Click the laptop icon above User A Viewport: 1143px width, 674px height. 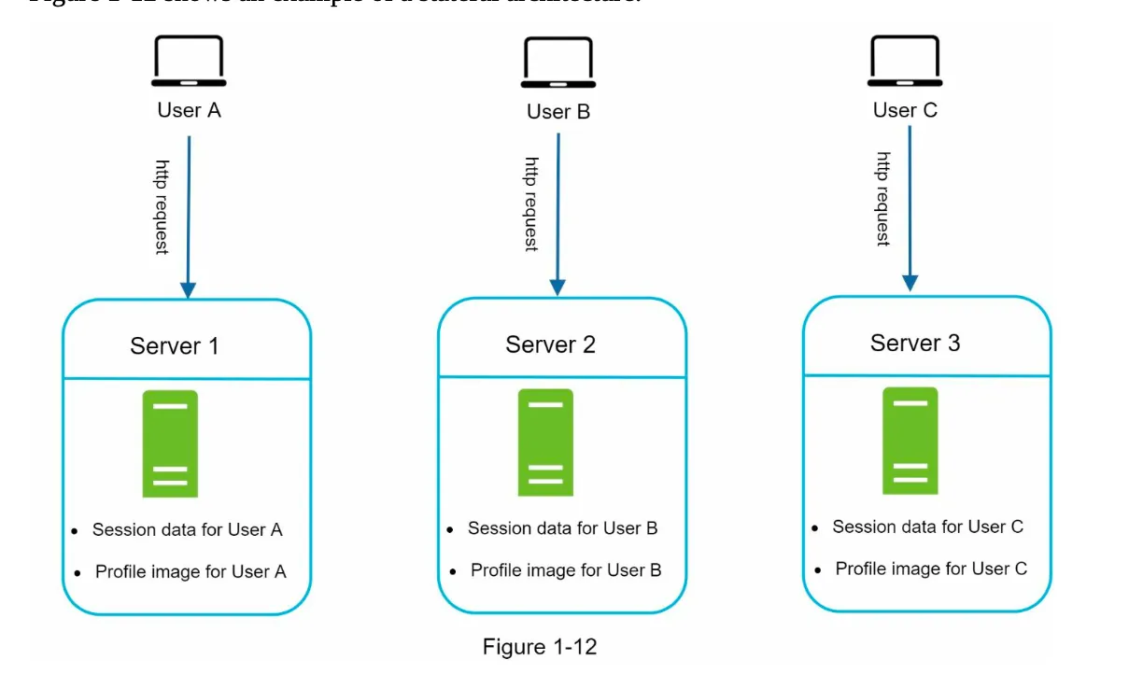[189, 62]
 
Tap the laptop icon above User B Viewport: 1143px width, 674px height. [557, 63]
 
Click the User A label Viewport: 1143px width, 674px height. [189, 110]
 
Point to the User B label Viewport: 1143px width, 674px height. [558, 112]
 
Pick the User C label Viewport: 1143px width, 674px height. [905, 110]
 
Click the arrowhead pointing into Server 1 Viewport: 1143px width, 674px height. [189, 289]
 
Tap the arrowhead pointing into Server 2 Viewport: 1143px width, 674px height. [558, 287]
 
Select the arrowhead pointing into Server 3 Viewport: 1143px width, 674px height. [910, 282]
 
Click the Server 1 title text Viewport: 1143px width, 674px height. [175, 346]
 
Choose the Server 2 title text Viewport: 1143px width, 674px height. [550, 344]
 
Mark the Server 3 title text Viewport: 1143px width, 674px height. [914, 343]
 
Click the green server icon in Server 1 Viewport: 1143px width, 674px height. [170, 443]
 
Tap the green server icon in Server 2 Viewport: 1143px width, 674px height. [545, 442]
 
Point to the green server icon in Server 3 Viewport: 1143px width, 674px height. [910, 441]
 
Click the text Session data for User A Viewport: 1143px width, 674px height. [187, 529]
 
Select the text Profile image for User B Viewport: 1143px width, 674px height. [566, 569]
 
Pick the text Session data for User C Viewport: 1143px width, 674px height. [927, 527]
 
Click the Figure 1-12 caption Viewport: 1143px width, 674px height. [539, 646]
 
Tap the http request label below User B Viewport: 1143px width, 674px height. [531, 204]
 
